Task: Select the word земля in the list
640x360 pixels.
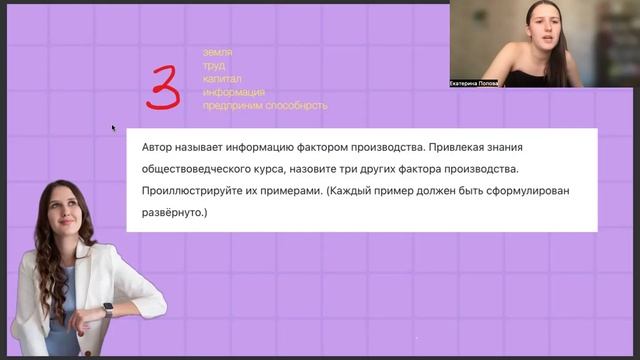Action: pyautogui.click(x=217, y=52)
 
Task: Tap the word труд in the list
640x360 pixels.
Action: pyautogui.click(x=213, y=65)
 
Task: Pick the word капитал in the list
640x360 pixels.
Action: pyautogui.click(x=222, y=78)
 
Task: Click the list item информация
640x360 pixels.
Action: pyautogui.click(x=233, y=92)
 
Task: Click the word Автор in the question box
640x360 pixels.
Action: pyautogui.click(x=162, y=147)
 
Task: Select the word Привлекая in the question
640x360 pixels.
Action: pyautogui.click(x=458, y=147)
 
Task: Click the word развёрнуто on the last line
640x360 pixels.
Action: pyautogui.click(x=177, y=213)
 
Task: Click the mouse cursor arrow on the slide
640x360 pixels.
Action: pyautogui.click(x=113, y=128)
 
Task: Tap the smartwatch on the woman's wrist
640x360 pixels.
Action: pyautogui.click(x=107, y=309)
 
